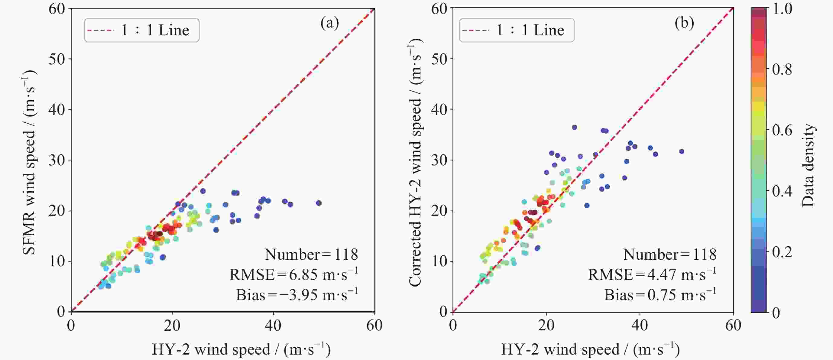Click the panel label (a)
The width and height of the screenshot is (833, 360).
coord(329,23)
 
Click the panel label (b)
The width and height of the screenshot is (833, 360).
coord(684,23)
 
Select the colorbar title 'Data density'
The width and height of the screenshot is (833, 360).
coord(809,165)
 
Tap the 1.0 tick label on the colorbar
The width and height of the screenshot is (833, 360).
coord(782,9)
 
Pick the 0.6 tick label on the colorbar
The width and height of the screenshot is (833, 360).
coord(782,130)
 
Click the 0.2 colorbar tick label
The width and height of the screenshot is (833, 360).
coord(782,252)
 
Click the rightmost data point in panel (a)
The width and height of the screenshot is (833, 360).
coord(319,203)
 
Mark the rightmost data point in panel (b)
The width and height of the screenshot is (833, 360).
coord(682,151)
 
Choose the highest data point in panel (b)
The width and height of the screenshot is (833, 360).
coord(574,128)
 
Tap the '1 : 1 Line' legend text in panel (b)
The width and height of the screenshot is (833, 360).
coord(530,31)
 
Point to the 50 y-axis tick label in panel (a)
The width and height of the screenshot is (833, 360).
coord(57,59)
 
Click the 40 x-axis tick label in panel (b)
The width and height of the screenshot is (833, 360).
coord(640,325)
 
